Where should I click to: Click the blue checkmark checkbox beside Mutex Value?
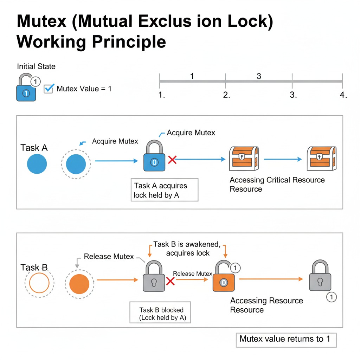[49, 89]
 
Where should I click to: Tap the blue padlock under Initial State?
[26, 88]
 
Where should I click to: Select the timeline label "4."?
[343, 95]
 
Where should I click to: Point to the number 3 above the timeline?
[259, 76]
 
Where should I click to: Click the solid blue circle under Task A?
[37, 164]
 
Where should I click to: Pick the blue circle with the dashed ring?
[76, 164]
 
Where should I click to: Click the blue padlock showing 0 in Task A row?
[154, 156]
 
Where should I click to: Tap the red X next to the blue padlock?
[172, 160]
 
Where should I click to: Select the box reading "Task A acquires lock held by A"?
[165, 190]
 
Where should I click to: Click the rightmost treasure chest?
[322, 159]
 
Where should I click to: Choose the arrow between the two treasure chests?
[283, 159]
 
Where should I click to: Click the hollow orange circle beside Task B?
[39, 283]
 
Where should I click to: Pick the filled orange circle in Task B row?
[79, 284]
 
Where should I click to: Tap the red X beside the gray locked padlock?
[171, 281]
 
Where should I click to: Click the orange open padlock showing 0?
[224, 276]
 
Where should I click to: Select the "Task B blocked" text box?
[160, 313]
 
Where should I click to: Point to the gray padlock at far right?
[320, 276]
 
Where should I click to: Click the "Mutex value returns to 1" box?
[286, 340]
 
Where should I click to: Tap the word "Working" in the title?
[51, 42]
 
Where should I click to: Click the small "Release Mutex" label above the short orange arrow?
[192, 274]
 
